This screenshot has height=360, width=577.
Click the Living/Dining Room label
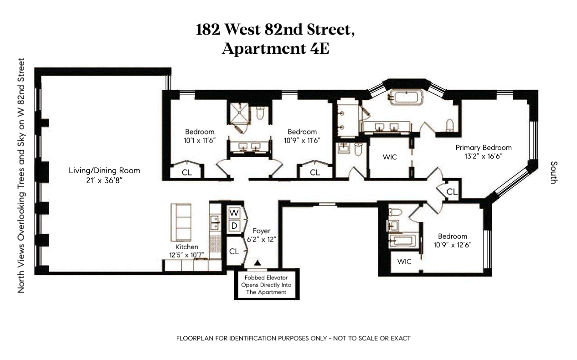(104, 171)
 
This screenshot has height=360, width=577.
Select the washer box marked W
(234, 213)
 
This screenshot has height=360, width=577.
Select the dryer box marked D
(234, 226)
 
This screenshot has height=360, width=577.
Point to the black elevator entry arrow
(258, 263)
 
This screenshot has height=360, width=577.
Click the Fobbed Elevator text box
(267, 285)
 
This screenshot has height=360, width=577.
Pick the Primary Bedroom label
(484, 148)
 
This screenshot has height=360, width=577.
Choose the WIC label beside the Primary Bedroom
(390, 157)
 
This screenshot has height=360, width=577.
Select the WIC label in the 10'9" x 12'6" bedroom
(404, 262)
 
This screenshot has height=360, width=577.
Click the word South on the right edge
(553, 172)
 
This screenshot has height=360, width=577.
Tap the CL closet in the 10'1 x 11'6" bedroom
(186, 173)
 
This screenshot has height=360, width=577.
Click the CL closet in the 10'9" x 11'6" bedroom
(315, 173)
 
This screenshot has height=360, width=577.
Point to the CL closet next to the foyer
(234, 251)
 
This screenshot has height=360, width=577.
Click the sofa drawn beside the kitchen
(180, 222)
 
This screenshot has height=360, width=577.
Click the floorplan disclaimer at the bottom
(294, 339)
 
